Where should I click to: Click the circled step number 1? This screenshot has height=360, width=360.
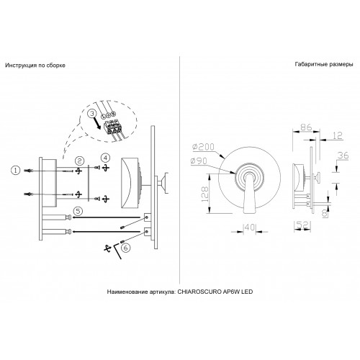click(x=16, y=171)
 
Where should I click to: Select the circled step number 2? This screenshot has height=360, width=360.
click(x=79, y=161)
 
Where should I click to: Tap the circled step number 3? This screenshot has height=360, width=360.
click(x=92, y=114)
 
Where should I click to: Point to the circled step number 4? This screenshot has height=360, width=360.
click(x=105, y=158)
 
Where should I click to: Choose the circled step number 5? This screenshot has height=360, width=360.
click(x=78, y=211)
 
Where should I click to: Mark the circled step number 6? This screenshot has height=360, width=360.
click(x=126, y=248)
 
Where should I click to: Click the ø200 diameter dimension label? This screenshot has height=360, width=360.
click(x=203, y=147)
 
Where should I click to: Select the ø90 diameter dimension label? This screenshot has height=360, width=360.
click(x=199, y=161)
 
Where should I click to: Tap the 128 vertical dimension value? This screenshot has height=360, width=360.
click(x=204, y=194)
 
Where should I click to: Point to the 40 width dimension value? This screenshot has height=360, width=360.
click(x=250, y=227)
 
